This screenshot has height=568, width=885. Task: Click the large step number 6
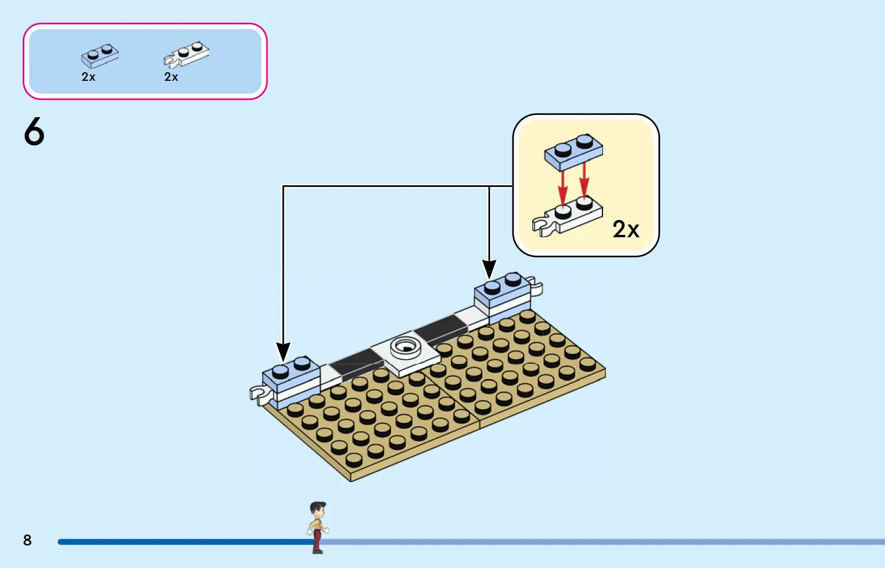click(34, 131)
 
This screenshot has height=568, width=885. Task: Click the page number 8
click(27, 540)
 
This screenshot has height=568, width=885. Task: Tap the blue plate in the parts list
click(100, 56)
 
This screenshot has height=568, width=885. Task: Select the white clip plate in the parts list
click(186, 55)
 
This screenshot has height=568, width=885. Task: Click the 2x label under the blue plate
click(89, 77)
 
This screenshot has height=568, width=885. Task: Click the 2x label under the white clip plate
click(171, 77)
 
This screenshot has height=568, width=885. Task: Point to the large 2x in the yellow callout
click(626, 229)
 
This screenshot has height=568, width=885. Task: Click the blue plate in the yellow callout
click(574, 152)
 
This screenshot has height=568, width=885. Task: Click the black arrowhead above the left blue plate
click(283, 352)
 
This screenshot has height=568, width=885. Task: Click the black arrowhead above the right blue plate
click(489, 270)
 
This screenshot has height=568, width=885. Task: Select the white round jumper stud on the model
click(405, 347)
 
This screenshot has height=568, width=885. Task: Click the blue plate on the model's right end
click(502, 290)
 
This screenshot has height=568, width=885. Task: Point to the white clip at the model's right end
click(536, 286)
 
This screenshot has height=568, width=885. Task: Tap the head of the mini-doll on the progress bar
click(317, 510)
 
